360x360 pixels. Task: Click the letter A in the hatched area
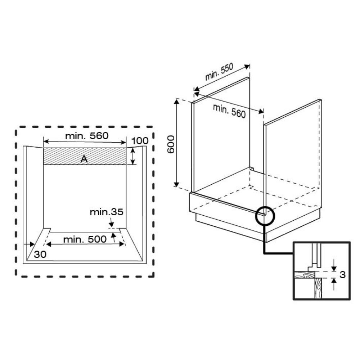point(84,159)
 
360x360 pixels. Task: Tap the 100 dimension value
point(140,141)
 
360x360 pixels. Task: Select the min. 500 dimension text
point(85,239)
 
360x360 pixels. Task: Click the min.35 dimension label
point(107,212)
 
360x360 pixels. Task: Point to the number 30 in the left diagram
point(40,254)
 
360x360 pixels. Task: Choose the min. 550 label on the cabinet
point(219,72)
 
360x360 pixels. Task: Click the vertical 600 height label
point(171,144)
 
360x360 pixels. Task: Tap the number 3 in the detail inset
point(343,274)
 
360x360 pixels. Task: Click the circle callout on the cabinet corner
point(265,216)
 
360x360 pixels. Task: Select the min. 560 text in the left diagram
point(87,136)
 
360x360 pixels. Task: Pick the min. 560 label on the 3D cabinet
point(229,111)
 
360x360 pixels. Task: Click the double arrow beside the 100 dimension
point(133,156)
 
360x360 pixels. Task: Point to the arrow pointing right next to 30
point(29,244)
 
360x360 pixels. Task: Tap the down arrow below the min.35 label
point(111,222)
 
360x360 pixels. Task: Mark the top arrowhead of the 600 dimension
point(176,102)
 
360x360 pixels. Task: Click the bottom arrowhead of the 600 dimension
point(176,184)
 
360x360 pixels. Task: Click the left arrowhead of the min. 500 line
point(49,244)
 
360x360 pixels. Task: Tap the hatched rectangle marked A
point(85,156)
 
